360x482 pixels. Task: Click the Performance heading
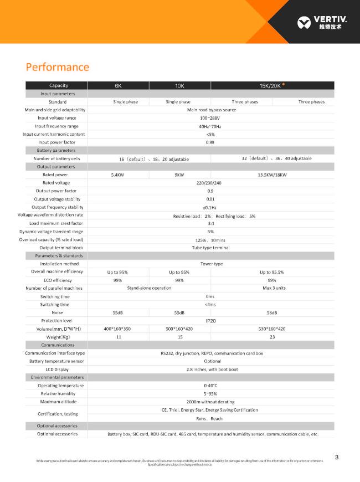pos(57,67)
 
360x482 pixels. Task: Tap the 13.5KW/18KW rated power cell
pos(272,175)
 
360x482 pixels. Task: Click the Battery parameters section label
pos(55,150)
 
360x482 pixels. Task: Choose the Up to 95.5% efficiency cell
pos(272,272)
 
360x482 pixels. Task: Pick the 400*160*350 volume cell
pos(117,329)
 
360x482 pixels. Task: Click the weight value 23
pos(272,337)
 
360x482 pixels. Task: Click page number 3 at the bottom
pos(337,457)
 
